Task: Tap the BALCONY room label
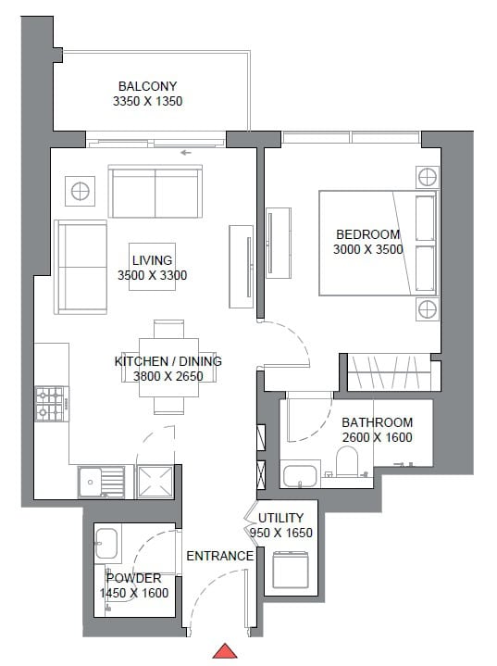tap(147, 86)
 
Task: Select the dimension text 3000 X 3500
tap(368, 249)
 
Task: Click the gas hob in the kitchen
tap(52, 404)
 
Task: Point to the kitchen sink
tap(101, 482)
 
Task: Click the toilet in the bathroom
tap(347, 461)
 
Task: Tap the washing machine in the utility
tap(291, 570)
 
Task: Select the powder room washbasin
tap(106, 544)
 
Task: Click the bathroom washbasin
tap(300, 476)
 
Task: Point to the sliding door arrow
tap(186, 153)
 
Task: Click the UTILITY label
tap(281, 518)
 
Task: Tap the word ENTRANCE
tap(220, 556)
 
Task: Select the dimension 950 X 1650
tap(281, 533)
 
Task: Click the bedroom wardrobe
tap(390, 372)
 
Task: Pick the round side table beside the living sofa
tap(80, 191)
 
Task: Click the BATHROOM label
tap(377, 422)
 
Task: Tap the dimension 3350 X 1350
tap(148, 101)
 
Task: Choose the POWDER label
tap(133, 578)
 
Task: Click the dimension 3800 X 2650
tap(168, 376)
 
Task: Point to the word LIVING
tap(152, 260)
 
